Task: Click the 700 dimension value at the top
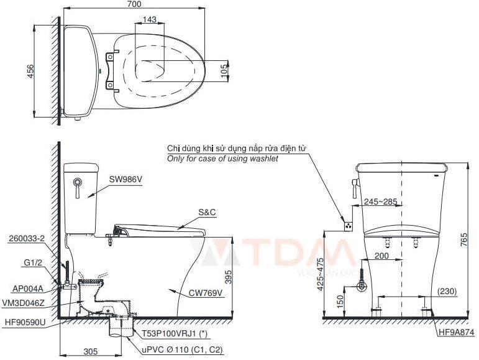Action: [x=134, y=4]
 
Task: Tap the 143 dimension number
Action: [x=149, y=21]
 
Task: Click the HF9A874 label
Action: [x=456, y=333]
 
